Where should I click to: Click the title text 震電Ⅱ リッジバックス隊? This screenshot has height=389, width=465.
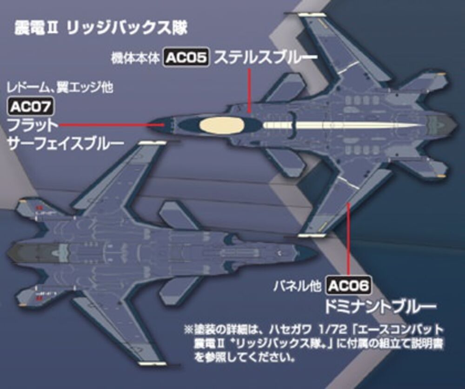click(x=100, y=28)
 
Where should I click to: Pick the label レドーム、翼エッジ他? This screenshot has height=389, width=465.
click(x=60, y=87)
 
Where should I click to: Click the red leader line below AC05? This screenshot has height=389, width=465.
click(x=250, y=91)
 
